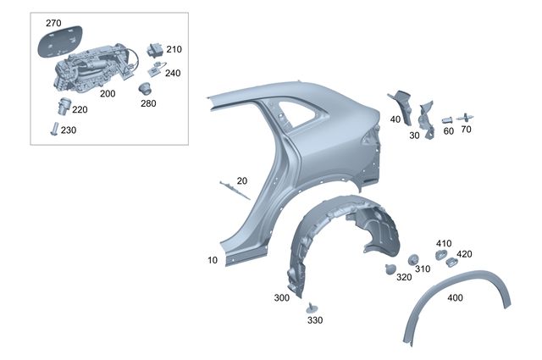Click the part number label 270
53,23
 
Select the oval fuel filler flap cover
60,41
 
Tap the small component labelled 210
155,50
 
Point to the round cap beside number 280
145,88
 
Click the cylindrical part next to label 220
64,106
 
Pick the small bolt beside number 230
54,129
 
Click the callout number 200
108,94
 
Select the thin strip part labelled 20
235,191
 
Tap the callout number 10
213,260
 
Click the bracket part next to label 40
402,107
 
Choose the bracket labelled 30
427,120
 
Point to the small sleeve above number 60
448,120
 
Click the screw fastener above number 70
465,118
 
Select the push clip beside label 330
312,307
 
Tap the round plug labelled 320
390,269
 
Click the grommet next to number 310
413,260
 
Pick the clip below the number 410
440,254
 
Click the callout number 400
455,298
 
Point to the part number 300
282,298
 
